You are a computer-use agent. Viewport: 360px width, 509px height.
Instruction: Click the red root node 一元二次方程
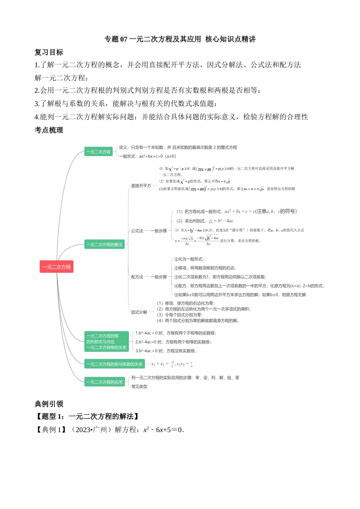pos(56,267)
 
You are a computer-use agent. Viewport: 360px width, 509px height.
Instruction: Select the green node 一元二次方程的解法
pos(104,245)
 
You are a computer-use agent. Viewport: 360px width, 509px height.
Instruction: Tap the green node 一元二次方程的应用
pos(104,382)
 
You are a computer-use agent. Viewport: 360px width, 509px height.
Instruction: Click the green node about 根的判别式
pos(106,342)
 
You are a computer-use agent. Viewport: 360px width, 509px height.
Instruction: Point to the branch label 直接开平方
pos(141,186)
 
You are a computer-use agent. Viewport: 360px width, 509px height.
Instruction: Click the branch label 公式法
pos(137,231)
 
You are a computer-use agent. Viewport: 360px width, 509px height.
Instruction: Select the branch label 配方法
pos(137,277)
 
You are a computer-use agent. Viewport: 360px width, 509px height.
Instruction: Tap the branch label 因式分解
pos(139,312)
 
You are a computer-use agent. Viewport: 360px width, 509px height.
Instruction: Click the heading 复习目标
pos(49,52)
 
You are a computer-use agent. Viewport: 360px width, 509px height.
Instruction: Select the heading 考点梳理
pos(49,130)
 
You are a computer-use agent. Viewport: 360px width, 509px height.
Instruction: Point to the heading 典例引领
pos(49,404)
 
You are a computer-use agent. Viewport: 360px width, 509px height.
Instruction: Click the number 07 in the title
pos(124,39)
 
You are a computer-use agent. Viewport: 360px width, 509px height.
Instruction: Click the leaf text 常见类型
pos(139,387)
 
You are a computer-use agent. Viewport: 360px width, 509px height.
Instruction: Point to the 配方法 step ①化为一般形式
pos(189,259)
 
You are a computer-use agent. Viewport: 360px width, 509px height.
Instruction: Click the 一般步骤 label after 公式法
pos(159,231)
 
